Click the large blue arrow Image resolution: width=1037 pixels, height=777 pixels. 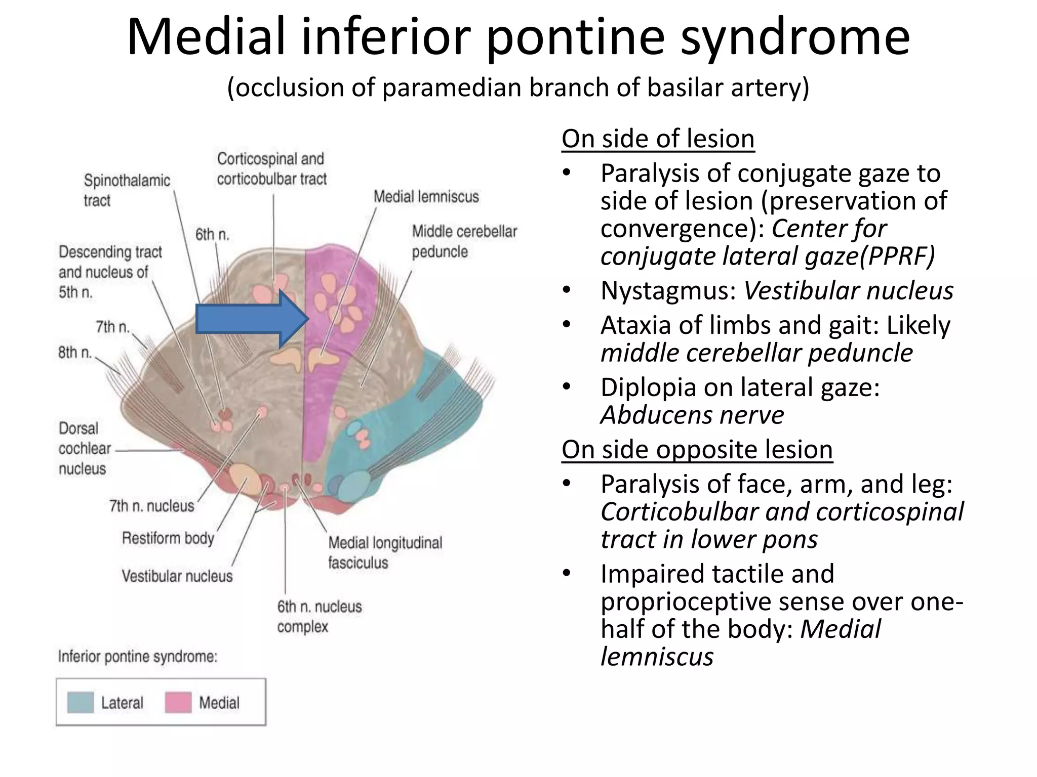tap(248, 319)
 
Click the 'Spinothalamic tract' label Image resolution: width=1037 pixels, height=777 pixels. tap(126, 190)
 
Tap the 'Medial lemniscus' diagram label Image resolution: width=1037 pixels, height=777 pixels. tap(426, 197)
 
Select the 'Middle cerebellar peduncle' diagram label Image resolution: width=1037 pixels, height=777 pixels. tap(464, 241)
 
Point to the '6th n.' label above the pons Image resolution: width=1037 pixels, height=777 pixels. tap(212, 234)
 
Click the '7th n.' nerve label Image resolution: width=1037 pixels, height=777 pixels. tap(112, 327)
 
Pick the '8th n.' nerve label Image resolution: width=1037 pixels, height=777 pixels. tap(75, 352)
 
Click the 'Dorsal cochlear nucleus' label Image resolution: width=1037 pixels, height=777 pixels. tap(84, 449)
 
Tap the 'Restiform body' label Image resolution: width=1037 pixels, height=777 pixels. tap(168, 538)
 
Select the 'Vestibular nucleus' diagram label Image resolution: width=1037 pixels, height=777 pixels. tap(177, 576)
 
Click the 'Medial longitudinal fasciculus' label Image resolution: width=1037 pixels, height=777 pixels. tap(384, 552)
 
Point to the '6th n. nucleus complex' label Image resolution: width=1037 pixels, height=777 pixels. tap(319, 616)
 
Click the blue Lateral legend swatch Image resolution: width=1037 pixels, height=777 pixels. tap(81, 703)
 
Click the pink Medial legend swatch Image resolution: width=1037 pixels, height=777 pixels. tap(178, 703)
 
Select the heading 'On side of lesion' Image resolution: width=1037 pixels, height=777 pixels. tap(658, 139)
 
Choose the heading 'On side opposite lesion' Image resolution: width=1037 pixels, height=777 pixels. tap(697, 449)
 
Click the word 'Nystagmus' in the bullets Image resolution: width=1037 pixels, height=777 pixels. tap(667, 291)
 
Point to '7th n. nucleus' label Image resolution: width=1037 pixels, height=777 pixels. tap(151, 506)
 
